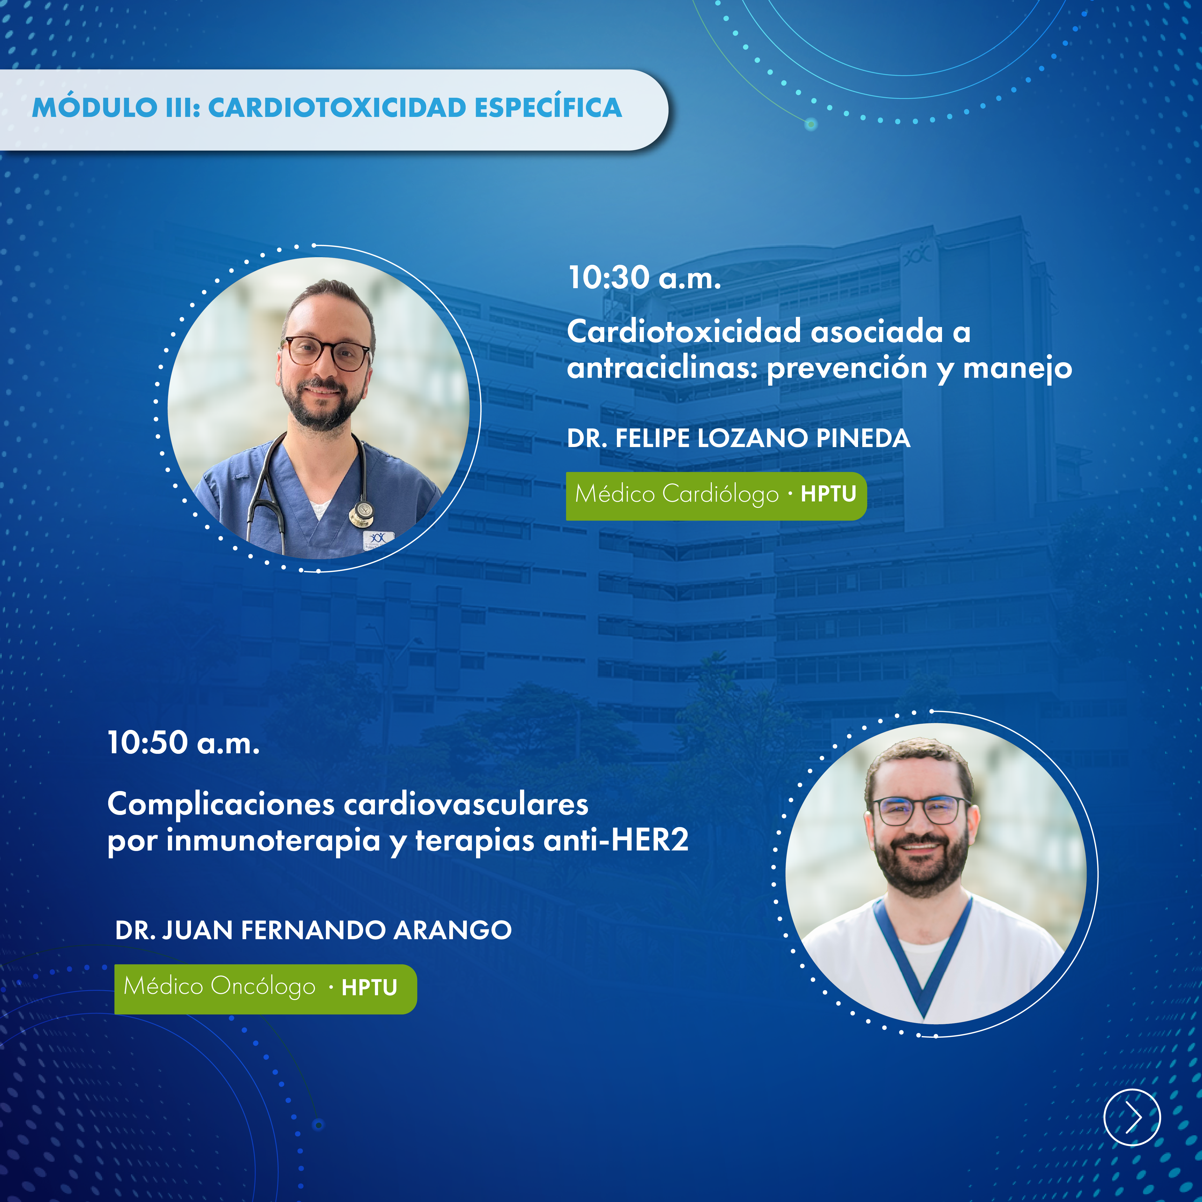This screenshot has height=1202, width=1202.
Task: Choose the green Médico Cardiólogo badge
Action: (716, 496)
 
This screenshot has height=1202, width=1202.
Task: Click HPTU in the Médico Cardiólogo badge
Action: (828, 494)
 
